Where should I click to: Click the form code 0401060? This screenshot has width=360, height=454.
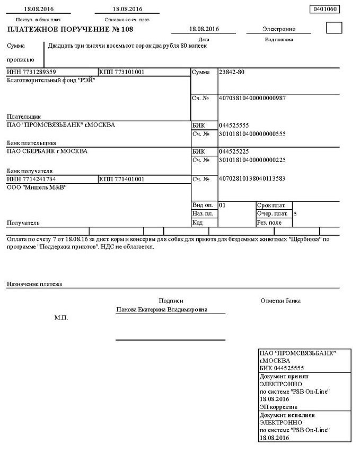[323, 9]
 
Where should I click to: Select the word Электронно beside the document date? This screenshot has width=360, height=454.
[279, 29]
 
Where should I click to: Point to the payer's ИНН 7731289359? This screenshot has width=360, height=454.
[32, 72]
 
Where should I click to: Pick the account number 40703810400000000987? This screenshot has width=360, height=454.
[252, 98]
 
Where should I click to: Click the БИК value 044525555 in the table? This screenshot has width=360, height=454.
[234, 126]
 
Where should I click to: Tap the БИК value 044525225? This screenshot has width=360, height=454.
[234, 152]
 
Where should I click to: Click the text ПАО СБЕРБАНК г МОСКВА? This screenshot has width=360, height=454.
[47, 152]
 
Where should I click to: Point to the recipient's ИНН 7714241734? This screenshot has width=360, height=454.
[32, 179]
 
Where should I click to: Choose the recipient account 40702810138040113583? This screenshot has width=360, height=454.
[252, 179]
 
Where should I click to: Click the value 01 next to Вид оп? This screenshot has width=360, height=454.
[222, 204]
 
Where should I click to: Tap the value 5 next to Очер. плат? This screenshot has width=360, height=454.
[295, 213]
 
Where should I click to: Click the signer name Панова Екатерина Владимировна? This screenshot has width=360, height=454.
[162, 309]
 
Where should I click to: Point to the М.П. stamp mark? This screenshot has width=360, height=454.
[61, 318]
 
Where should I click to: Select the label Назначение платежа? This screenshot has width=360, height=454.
[34, 284]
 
